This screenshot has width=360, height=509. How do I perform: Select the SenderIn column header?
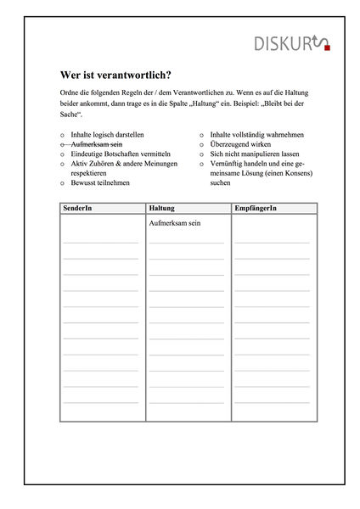click(x=79, y=208)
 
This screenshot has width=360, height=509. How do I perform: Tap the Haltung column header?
click(x=162, y=208)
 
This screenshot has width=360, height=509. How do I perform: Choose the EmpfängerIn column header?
click(x=256, y=208)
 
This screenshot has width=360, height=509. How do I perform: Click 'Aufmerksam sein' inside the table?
click(x=177, y=222)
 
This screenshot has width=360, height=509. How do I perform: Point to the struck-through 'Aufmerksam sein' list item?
click(x=97, y=144)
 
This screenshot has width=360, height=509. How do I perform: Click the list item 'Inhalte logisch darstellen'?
click(x=107, y=134)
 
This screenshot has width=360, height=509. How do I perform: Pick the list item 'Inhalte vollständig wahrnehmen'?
click(x=256, y=134)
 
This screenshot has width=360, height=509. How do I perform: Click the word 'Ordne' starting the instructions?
click(x=71, y=92)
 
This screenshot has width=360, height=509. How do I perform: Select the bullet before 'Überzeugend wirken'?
click(x=202, y=145)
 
